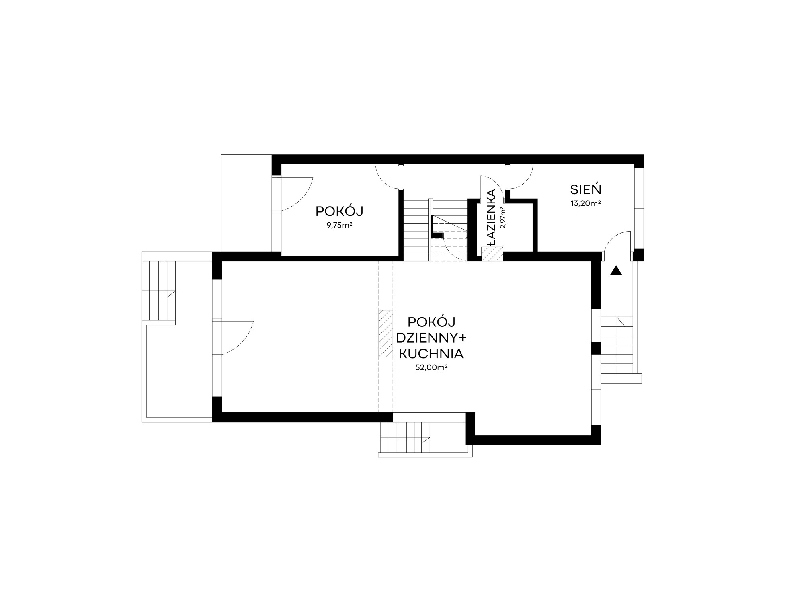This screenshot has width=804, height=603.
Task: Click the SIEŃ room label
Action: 586,189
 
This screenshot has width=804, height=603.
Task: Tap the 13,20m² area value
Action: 586,203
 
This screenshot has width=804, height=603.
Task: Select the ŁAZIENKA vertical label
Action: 491,217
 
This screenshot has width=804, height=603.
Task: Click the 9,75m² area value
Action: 340,225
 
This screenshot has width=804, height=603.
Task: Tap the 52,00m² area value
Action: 432,367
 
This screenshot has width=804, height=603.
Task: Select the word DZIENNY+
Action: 431,338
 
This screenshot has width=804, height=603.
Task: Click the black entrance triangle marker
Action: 616,271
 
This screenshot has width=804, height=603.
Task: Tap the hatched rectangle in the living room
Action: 386,333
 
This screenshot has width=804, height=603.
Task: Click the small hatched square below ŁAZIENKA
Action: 492,254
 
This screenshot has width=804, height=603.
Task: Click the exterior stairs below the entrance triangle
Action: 617,346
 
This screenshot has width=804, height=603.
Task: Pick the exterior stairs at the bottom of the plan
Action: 405,438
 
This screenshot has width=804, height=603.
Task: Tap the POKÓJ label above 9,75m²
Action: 340,211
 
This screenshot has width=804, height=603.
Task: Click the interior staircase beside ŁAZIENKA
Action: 435,230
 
